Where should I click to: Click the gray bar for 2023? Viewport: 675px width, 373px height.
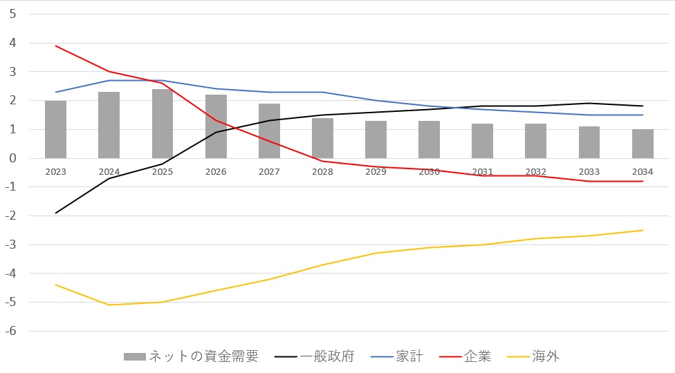click(55, 130)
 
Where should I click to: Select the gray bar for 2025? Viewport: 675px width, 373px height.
click(163, 124)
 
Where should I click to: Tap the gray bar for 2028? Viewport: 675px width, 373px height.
click(322, 138)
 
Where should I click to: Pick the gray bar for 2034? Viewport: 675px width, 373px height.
click(642, 144)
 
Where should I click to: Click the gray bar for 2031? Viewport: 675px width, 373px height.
click(482, 141)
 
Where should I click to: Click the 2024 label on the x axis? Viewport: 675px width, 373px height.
click(109, 172)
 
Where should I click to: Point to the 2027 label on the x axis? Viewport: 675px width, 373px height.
click(269, 172)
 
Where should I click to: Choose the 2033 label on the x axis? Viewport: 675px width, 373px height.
click(589, 172)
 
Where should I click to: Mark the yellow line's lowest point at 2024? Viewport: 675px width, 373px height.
click(109, 305)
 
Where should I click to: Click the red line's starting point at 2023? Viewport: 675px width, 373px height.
click(55, 46)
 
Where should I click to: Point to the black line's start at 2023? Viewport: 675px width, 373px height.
click(55, 213)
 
